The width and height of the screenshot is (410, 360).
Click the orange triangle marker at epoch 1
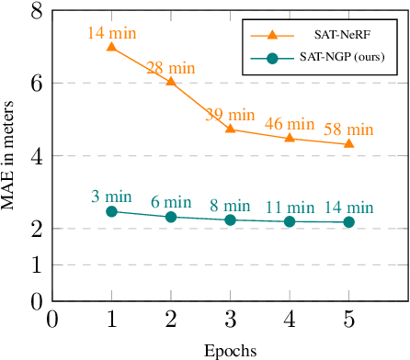[x=111, y=46]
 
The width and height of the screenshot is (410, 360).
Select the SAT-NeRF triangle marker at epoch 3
[x=230, y=129]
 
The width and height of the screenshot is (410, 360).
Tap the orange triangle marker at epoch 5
[x=348, y=143]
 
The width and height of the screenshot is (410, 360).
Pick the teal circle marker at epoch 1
[x=111, y=211]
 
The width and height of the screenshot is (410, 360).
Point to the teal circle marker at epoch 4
[x=290, y=221]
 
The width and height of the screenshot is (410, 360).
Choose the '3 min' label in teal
[x=113, y=197]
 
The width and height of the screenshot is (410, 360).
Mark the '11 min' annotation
[x=290, y=207]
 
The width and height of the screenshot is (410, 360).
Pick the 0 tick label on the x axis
[x=52, y=319]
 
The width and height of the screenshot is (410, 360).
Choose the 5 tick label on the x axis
[x=348, y=319]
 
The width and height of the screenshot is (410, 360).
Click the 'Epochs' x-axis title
[x=229, y=350]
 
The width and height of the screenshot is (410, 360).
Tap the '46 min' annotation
[x=290, y=123]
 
